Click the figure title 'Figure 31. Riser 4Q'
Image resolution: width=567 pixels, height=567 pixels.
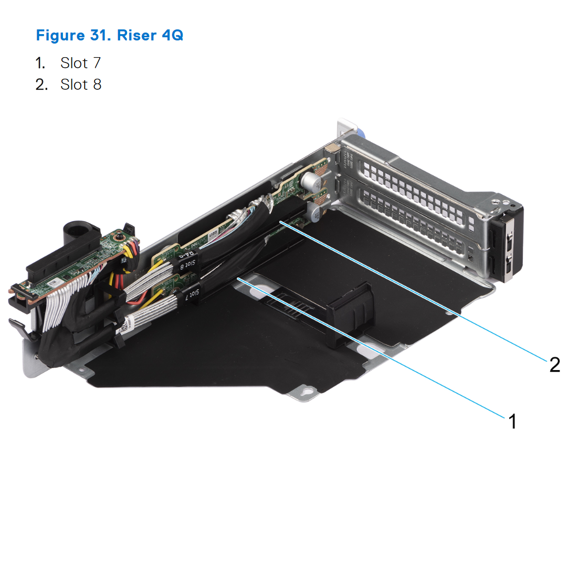point(109,36)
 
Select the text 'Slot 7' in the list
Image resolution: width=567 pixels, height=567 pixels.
point(80,63)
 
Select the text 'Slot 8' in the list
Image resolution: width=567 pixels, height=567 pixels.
point(80,85)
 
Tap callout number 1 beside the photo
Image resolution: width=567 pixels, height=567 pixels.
point(511,421)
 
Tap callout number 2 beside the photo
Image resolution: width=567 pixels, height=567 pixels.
point(554,364)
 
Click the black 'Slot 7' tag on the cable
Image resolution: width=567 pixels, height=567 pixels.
point(192,294)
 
